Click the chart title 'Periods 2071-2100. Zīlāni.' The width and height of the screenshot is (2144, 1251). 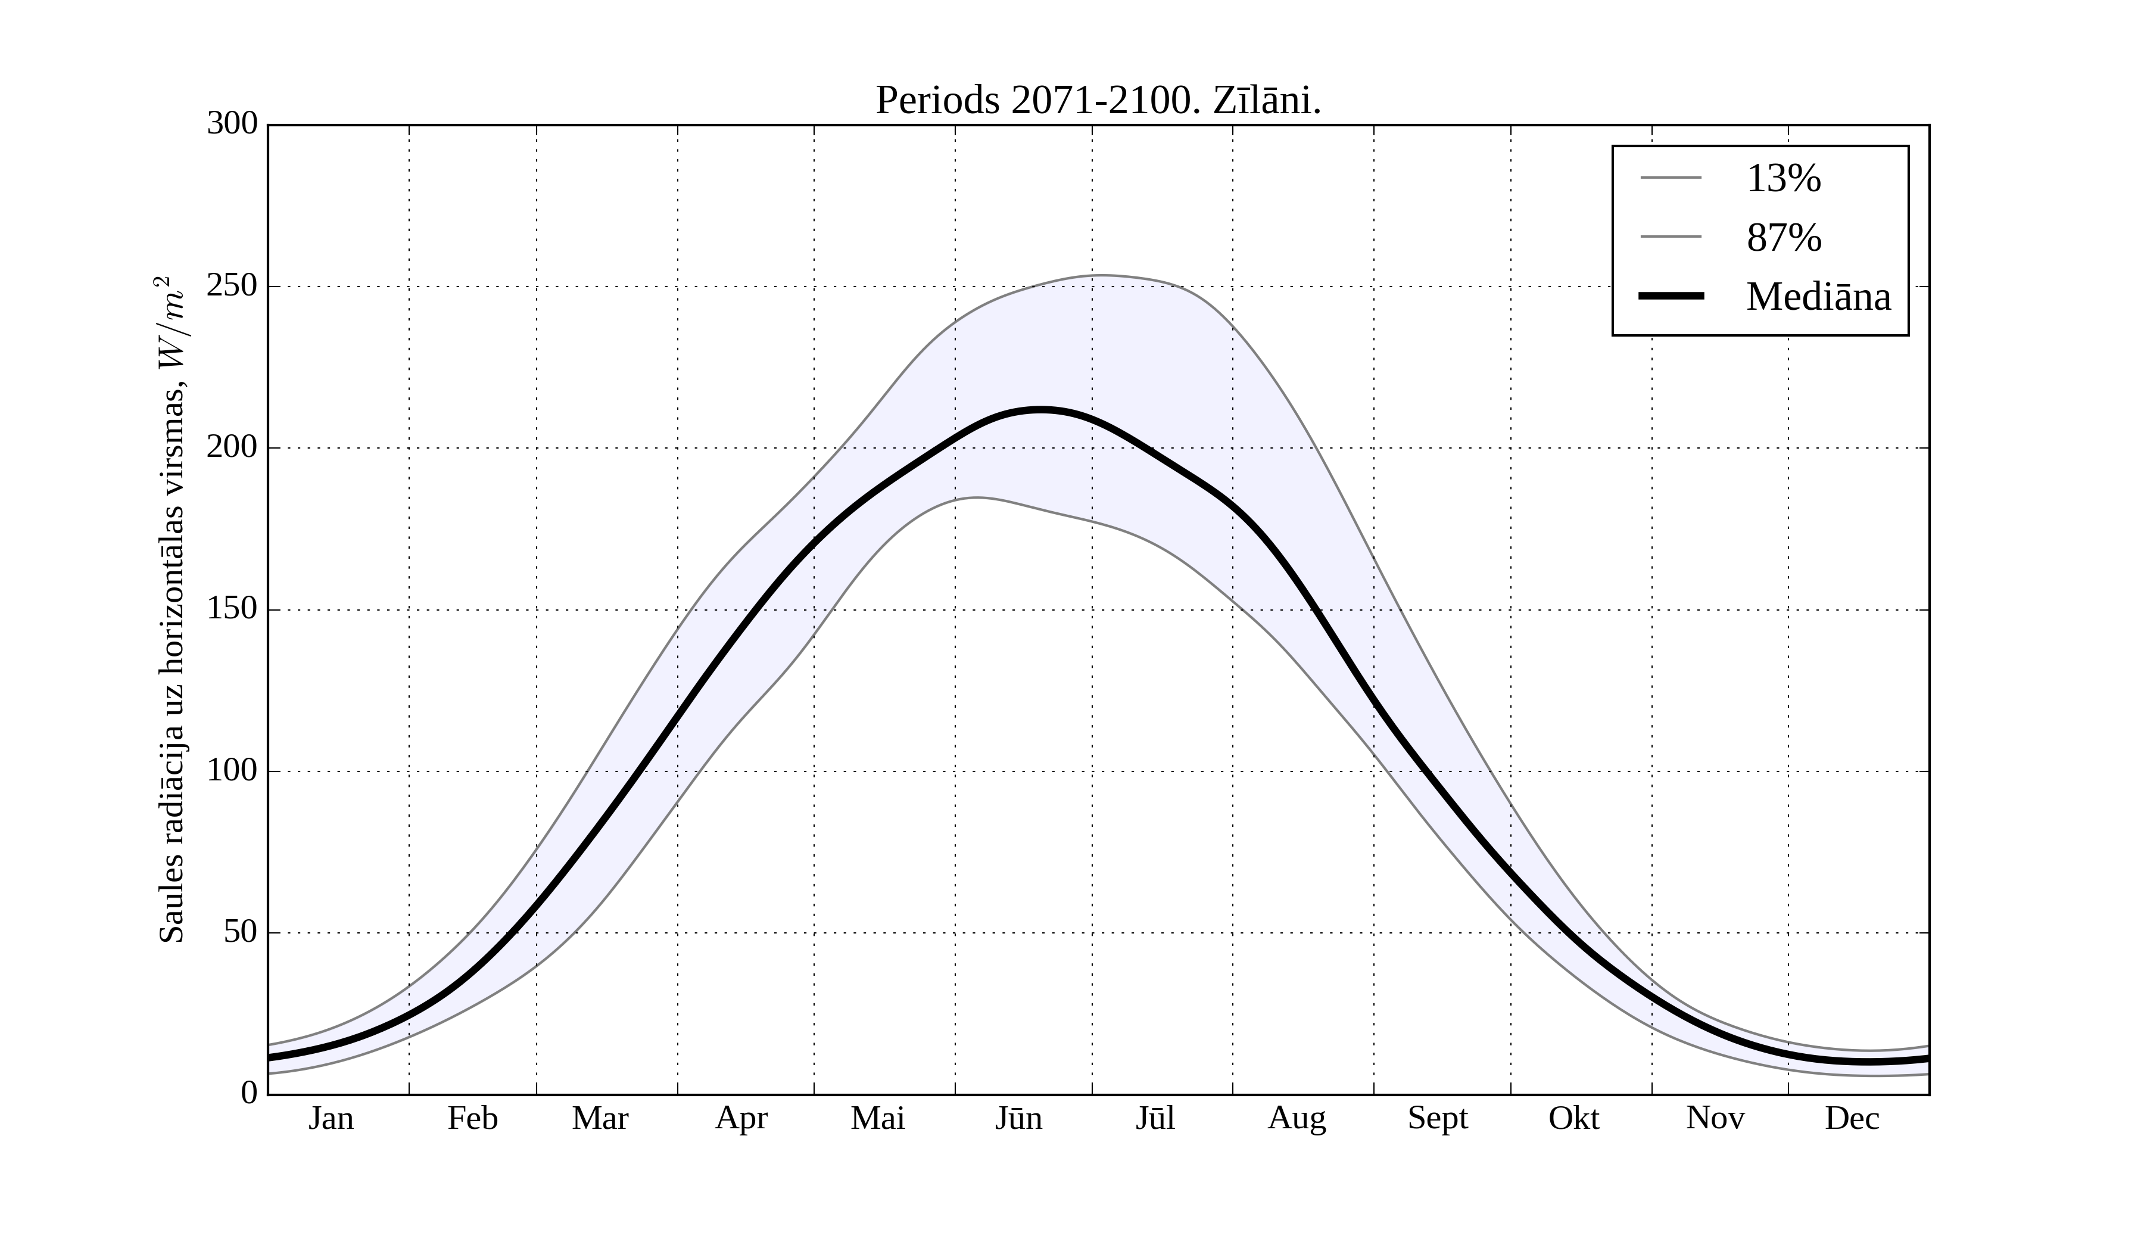click(1098, 101)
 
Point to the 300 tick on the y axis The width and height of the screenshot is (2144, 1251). click(232, 125)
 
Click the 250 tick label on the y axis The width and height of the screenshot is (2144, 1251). click(232, 286)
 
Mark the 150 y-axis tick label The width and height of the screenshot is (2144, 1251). click(232, 609)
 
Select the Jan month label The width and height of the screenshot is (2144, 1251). click(331, 1118)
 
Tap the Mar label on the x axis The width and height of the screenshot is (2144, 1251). click(600, 1118)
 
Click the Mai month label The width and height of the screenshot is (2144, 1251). click(877, 1118)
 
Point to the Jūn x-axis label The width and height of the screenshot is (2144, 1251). click(1018, 1118)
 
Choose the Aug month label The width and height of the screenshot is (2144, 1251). click(1297, 1118)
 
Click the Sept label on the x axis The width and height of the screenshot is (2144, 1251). click(1438, 1118)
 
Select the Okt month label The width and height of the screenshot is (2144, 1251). click(1574, 1118)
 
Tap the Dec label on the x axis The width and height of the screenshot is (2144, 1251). click(1852, 1118)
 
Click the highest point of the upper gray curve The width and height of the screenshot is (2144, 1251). click(1099, 275)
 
